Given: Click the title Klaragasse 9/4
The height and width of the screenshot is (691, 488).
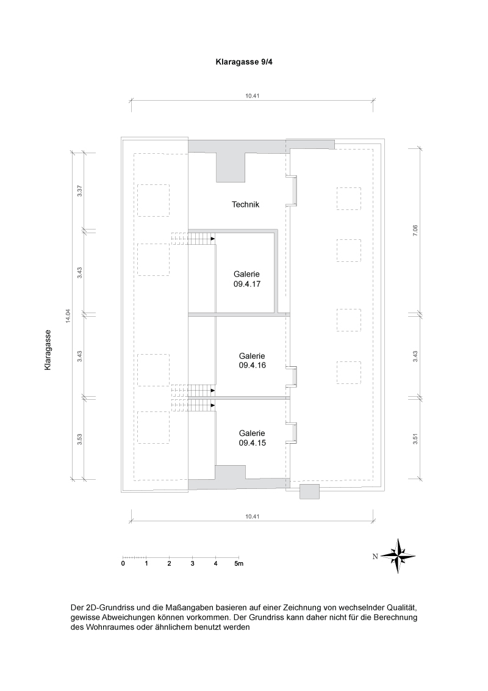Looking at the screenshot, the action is click(244, 63).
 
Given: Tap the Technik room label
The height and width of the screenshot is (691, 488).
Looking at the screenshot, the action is click(246, 204).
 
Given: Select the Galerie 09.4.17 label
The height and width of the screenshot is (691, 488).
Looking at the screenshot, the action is click(246, 279).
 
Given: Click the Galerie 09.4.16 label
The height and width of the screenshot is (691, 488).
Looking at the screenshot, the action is click(253, 361).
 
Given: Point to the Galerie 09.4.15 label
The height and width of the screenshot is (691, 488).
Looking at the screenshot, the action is click(253, 438).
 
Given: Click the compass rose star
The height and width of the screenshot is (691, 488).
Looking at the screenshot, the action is click(398, 555).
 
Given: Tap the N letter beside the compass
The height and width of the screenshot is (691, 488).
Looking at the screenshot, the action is click(375, 557).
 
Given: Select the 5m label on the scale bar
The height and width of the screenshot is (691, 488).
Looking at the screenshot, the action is click(239, 563).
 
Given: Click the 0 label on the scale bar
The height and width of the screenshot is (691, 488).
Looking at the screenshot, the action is click(123, 563).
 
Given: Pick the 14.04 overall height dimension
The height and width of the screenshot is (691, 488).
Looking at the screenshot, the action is click(68, 316).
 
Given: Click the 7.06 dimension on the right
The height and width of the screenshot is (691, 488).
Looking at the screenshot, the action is click(415, 231).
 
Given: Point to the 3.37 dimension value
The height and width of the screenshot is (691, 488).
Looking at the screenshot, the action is click(80, 191).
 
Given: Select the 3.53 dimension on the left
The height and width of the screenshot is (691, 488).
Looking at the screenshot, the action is click(80, 440).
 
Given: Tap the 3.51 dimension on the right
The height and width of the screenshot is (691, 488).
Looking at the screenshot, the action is click(415, 440).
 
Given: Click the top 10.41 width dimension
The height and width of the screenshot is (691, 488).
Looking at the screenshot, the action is click(252, 95).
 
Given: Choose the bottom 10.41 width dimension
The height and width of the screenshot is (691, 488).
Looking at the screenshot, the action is click(252, 517).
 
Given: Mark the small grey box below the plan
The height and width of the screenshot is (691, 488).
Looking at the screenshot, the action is click(309, 491).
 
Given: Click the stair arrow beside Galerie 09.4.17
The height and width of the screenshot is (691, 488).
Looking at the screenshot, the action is click(213, 239).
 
